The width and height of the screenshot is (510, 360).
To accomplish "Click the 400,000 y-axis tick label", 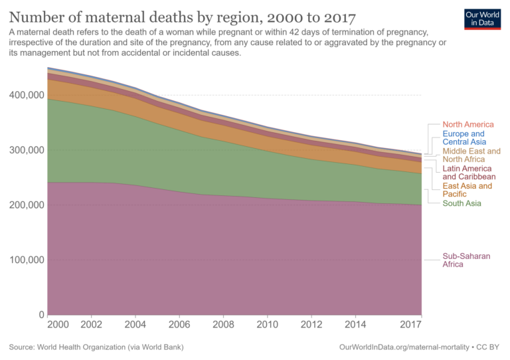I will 26,95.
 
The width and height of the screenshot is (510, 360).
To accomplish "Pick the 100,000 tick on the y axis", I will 26,260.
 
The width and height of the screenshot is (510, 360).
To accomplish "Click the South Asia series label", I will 462,203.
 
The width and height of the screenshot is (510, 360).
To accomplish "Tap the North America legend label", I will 467,124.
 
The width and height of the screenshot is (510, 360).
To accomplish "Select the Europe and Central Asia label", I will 464,137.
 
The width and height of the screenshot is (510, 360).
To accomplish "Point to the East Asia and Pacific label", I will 467,190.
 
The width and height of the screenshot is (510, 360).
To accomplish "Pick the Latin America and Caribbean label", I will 469,173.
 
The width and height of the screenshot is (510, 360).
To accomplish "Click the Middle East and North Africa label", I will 471,155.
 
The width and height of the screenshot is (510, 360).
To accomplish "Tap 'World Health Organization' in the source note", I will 92,347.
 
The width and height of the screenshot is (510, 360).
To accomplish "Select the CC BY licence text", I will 487,347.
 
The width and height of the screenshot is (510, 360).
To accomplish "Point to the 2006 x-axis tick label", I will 179,325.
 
